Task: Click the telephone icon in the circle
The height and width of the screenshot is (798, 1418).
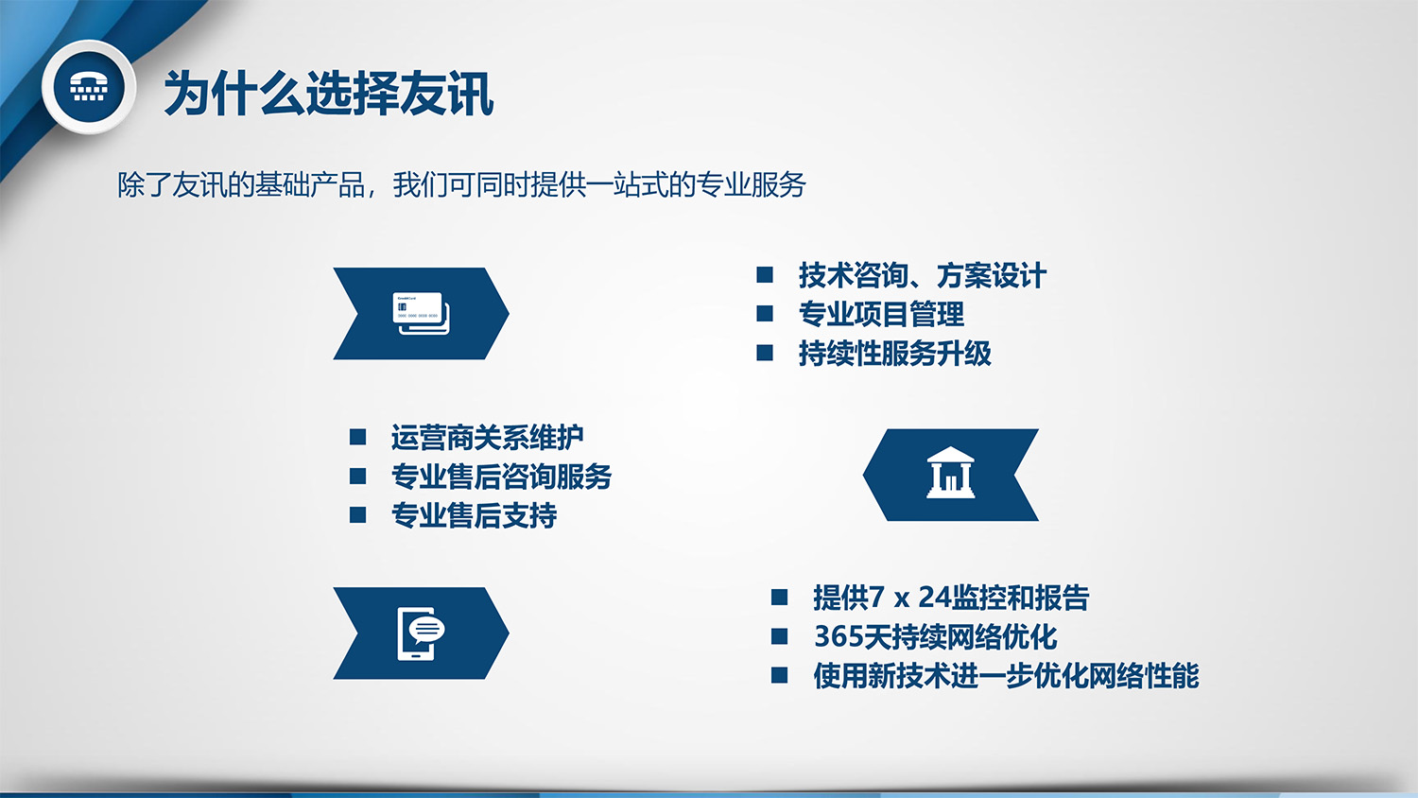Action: pyautogui.click(x=89, y=87)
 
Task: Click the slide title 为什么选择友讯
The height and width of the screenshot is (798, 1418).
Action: pyautogui.click(x=329, y=94)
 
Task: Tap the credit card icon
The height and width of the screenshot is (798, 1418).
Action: pyautogui.click(x=421, y=314)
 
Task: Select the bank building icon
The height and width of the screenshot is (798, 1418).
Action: pyautogui.click(x=950, y=473)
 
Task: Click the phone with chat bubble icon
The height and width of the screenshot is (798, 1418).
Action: pyautogui.click(x=421, y=634)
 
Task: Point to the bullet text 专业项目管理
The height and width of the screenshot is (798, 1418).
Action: pyautogui.click(x=881, y=314)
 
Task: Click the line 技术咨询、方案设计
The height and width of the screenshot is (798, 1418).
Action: pyautogui.click(x=923, y=275)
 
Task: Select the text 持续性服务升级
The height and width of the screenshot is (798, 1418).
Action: pyautogui.click(x=895, y=354)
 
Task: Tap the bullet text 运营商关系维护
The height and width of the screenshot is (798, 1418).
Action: pyautogui.click(x=488, y=437)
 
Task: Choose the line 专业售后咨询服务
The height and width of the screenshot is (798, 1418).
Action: pyautogui.click(x=501, y=477)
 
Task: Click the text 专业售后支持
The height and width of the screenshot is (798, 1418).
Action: pyautogui.click(x=475, y=515)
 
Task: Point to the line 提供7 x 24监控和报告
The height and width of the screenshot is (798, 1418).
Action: pyautogui.click(x=951, y=598)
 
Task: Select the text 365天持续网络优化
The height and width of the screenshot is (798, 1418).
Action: pyautogui.click(x=936, y=636)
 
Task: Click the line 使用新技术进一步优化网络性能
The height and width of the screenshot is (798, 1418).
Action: pyautogui.click(x=1006, y=676)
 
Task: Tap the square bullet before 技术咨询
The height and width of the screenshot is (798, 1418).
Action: pyautogui.click(x=765, y=275)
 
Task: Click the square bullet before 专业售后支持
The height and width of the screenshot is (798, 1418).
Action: pyautogui.click(x=357, y=514)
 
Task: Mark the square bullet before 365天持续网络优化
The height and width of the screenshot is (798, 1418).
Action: pyautogui.click(x=779, y=636)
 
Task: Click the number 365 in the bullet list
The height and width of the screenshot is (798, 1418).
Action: pyautogui.click(x=839, y=636)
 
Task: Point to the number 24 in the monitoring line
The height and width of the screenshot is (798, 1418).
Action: pyautogui.click(x=934, y=598)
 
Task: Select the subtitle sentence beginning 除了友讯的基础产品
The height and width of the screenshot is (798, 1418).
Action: pyautogui.click(x=461, y=185)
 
